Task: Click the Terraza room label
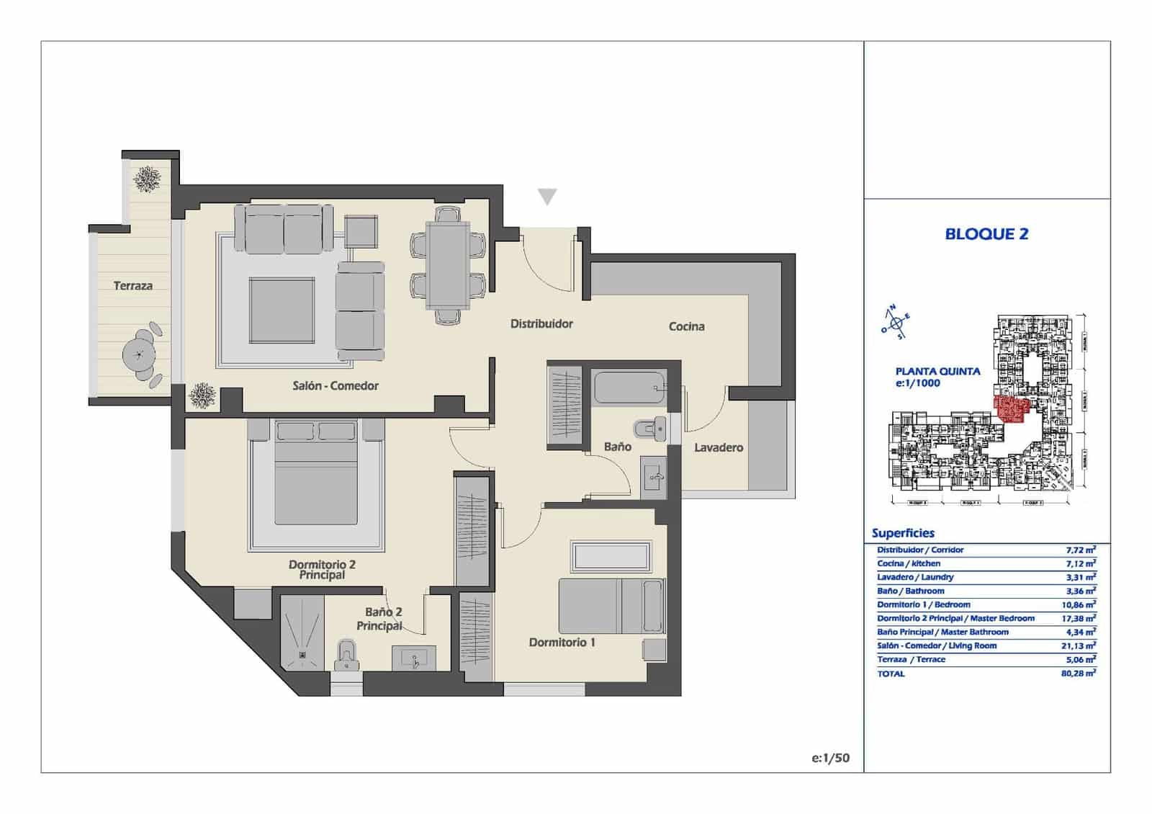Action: [x=133, y=286]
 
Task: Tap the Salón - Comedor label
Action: [x=336, y=386]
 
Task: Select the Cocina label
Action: [x=686, y=326]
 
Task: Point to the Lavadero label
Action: [x=718, y=447]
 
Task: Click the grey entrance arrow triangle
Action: [x=547, y=197]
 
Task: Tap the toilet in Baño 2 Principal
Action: [x=347, y=656]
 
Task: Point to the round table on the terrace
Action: [x=139, y=354]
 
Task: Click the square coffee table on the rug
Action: [x=282, y=310]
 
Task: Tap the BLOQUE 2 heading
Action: [x=986, y=234]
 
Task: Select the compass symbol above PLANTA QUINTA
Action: [x=896, y=323]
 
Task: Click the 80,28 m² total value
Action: [x=1078, y=674]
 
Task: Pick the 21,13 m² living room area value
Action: [x=1078, y=646]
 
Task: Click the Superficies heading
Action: [x=903, y=533]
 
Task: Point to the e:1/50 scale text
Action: [x=830, y=758]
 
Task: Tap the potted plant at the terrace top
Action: [x=148, y=179]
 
